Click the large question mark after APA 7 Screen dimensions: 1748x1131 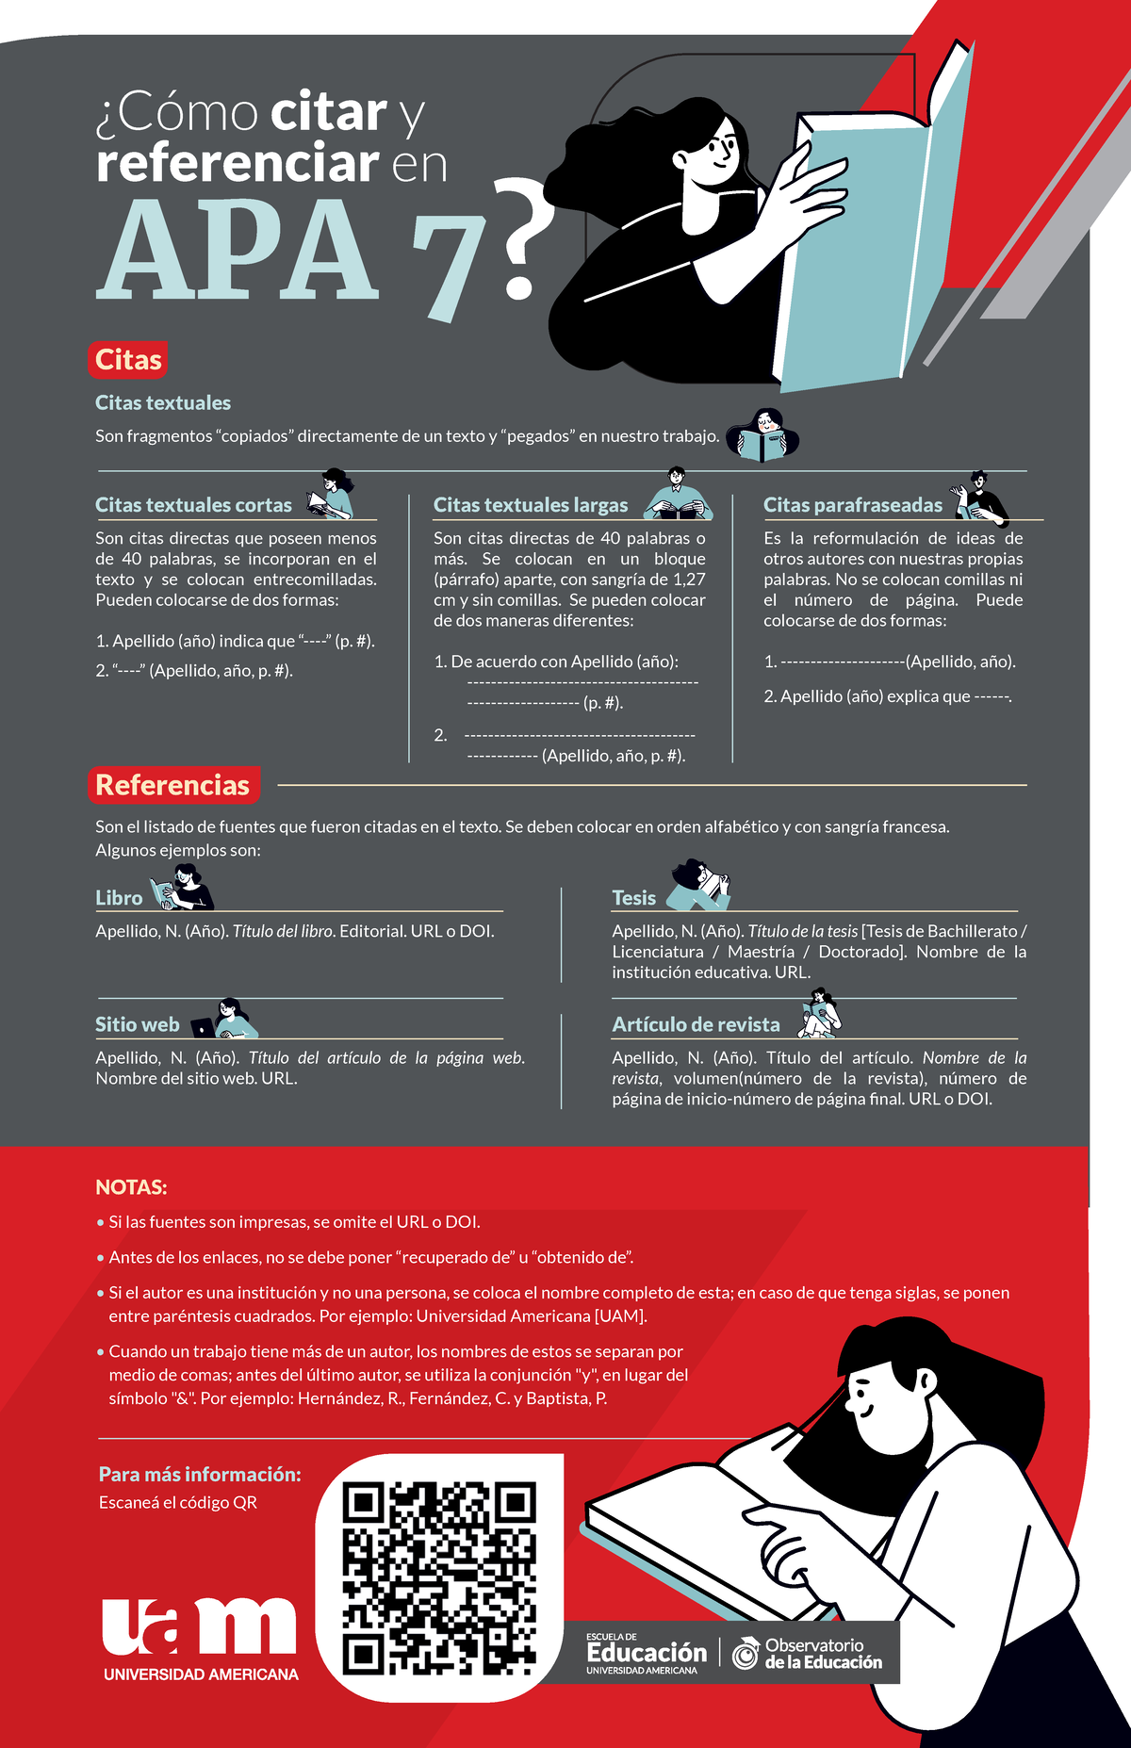[x=517, y=242]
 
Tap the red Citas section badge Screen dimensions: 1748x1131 [x=129, y=360]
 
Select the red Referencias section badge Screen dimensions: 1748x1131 [x=172, y=785]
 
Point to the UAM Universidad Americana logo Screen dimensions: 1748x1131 [x=200, y=1641]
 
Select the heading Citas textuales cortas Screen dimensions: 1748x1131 [x=193, y=505]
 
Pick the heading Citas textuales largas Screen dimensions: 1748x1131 [x=530, y=505]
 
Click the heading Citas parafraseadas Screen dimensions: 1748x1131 [x=852, y=505]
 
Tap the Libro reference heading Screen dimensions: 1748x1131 [x=119, y=898]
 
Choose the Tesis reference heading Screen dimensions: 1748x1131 [x=633, y=898]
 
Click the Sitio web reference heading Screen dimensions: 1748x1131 [x=137, y=1024]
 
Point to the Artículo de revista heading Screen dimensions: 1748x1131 [x=696, y=1024]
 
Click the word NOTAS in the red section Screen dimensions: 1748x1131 [x=131, y=1187]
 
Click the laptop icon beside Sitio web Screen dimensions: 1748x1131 [x=203, y=1027]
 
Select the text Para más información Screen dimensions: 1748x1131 [x=200, y=1474]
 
